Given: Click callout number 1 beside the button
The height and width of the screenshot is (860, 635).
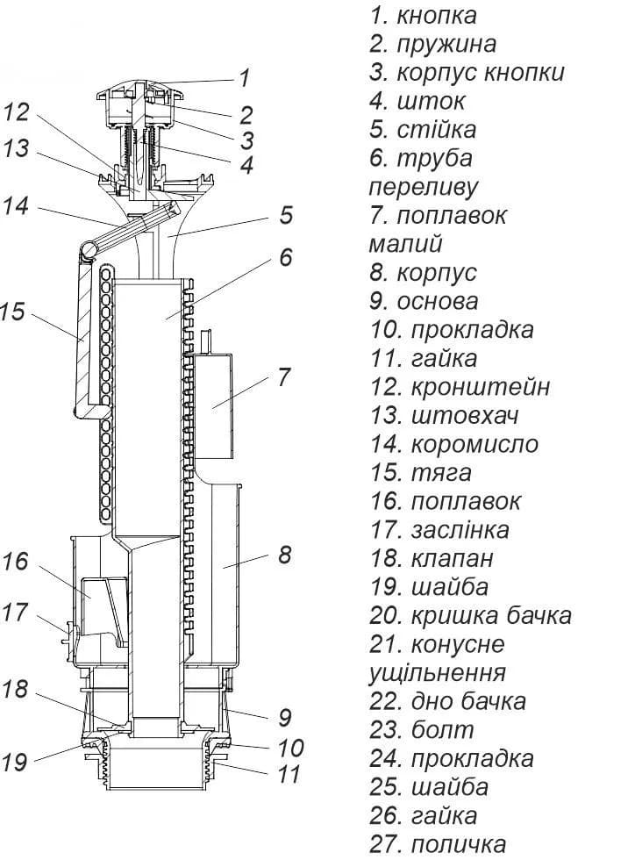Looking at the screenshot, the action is pos(245,78).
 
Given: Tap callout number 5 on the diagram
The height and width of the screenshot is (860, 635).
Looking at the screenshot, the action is pos(286,215).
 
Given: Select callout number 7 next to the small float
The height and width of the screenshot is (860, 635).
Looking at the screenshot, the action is pos(283,377).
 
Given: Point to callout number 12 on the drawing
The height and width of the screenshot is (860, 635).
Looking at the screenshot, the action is pos(17,112).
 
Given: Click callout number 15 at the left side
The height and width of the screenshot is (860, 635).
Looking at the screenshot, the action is pos(12,311).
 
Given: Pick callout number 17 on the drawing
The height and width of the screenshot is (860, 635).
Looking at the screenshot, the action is pos(16,613).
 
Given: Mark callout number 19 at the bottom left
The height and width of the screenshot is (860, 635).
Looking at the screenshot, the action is pos(14,762).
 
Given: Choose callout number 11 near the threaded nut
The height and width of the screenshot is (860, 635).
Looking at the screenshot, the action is pos(289,774).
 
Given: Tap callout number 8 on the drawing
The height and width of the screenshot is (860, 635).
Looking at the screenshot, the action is pos(284,555).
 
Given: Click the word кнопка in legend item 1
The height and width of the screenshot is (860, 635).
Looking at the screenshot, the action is pos(437,16).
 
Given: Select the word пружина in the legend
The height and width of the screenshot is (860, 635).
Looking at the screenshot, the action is pos(447,45).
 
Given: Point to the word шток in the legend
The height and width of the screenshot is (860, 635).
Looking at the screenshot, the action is pos(432,102).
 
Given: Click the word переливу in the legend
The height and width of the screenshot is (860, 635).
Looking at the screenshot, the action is pos(424,188).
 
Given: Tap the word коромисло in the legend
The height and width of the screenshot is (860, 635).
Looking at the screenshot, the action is pos(474,444).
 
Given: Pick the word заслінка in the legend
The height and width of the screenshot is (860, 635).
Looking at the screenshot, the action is pos(460,530).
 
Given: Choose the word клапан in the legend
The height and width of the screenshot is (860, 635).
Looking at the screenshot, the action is pos(453,559).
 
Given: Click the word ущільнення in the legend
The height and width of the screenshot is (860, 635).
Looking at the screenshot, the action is pos(437,673).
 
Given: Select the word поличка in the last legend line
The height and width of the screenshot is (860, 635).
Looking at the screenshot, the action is pos(459,844).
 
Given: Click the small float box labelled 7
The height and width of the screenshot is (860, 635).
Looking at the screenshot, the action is pos(213,406).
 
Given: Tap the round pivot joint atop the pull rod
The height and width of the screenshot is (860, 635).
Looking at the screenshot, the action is pos(87,250).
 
